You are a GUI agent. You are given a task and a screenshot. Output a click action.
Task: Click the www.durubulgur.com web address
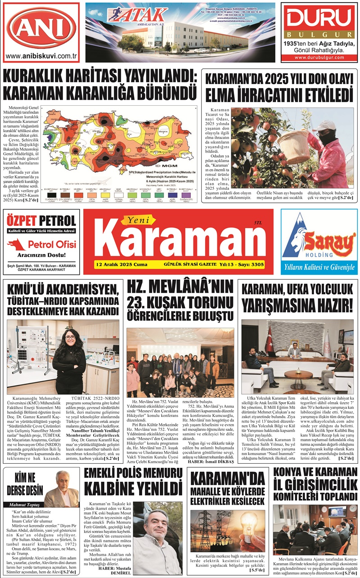[x=319, y=58]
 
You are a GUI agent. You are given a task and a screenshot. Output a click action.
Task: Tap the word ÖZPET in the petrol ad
[x=25, y=221]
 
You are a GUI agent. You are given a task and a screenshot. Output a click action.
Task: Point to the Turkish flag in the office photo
[x=270, y=341]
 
